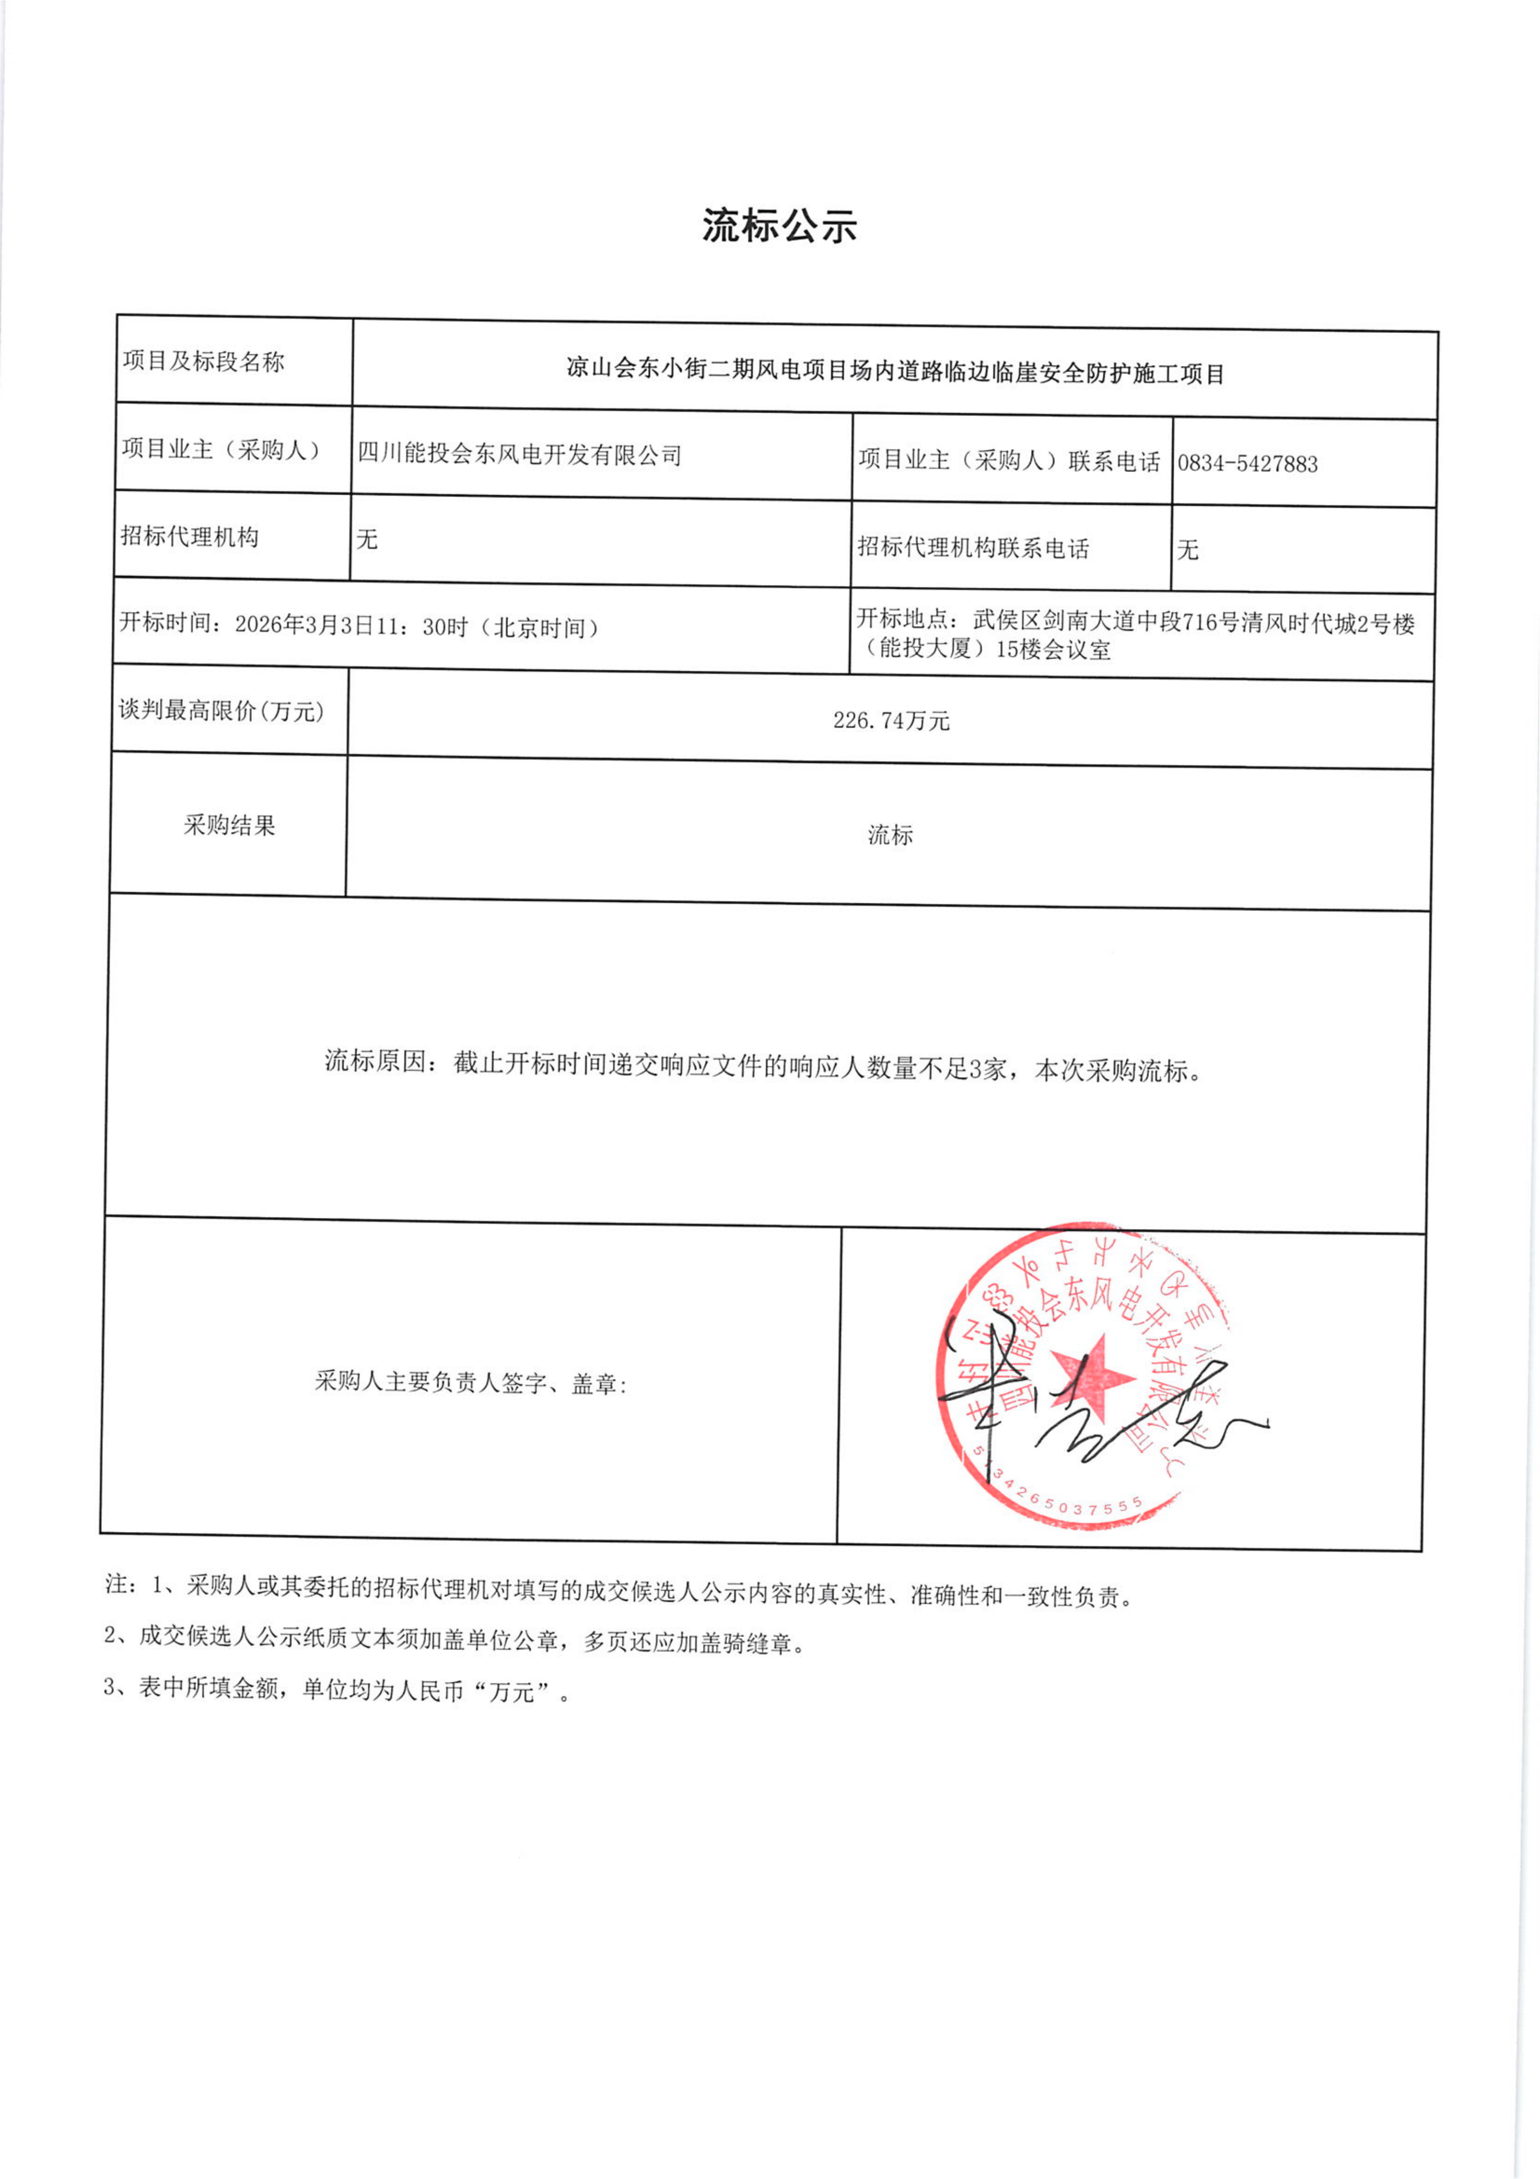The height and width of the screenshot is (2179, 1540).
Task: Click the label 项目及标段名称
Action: tap(203, 362)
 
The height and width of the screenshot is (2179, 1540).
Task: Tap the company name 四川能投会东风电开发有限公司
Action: tap(519, 455)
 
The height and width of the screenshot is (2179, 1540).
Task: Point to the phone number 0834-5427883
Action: tap(1247, 463)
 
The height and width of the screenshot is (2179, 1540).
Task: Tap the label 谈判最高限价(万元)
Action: tap(221, 710)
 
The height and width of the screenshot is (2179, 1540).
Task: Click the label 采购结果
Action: tap(229, 825)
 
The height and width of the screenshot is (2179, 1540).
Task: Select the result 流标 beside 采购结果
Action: tap(890, 834)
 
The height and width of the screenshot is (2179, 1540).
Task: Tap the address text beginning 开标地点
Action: tap(1135, 636)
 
